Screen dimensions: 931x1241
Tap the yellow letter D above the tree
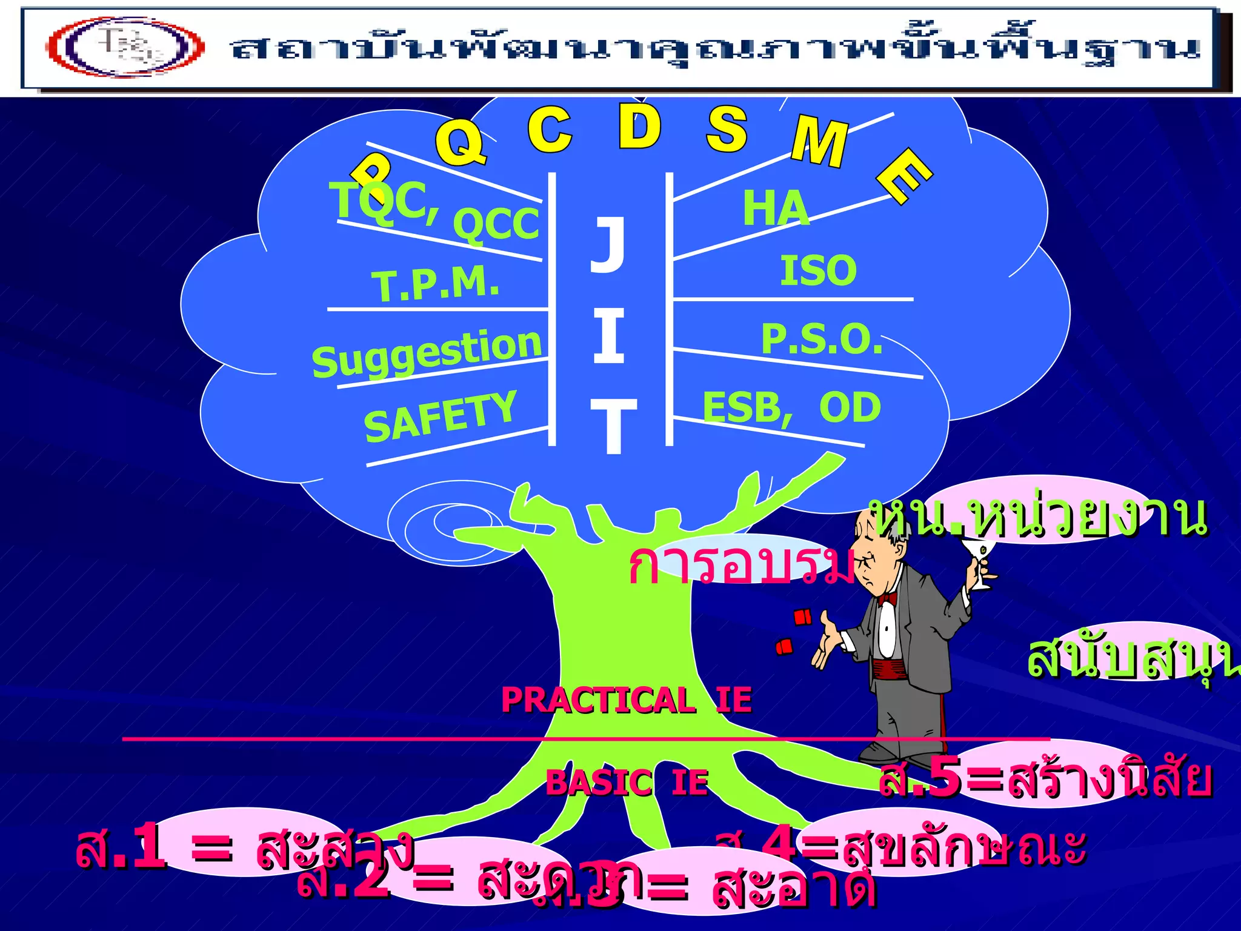pyautogui.click(x=639, y=127)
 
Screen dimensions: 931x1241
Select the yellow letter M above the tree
pyautogui.click(x=819, y=142)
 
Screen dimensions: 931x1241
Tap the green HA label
pyautogui.click(x=776, y=208)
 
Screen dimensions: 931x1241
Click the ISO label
pyautogui.click(x=818, y=270)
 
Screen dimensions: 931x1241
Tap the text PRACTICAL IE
pyautogui.click(x=627, y=700)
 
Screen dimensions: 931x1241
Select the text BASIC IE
pyautogui.click(x=627, y=782)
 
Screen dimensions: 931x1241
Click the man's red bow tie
pyautogui.click(x=887, y=599)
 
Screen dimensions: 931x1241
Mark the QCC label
pyautogui.click(x=496, y=223)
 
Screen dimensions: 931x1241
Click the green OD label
pyautogui.click(x=850, y=407)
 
